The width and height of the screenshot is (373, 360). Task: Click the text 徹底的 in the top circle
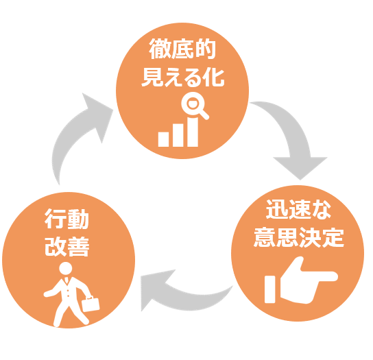coord(182,49)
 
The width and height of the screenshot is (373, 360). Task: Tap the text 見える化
coord(182,77)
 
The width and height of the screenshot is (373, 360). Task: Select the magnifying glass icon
coord(195,106)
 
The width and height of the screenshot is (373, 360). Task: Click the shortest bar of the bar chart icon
coord(163,139)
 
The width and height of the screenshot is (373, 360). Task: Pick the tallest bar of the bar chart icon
coord(193,132)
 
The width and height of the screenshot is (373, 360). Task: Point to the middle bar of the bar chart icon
coord(178,135)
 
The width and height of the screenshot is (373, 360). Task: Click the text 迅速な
coord(298,209)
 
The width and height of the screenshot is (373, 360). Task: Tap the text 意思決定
coord(299,237)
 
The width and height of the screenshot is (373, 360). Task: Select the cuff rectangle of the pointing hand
coord(269,289)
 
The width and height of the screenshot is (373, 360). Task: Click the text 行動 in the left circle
coord(67,219)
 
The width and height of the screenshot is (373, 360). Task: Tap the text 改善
coord(67,246)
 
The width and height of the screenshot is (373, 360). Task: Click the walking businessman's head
coord(65,269)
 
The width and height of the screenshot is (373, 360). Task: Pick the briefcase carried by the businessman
coord(91,304)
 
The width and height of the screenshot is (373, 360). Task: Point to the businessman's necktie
coord(67,280)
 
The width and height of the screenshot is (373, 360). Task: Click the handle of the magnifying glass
coord(204,115)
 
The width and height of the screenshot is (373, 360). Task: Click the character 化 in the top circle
coord(214,77)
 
